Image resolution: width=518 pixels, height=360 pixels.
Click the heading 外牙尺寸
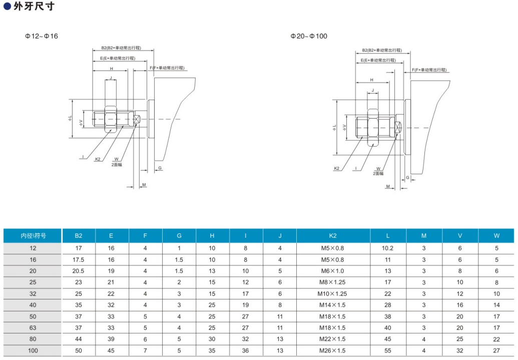[34, 6]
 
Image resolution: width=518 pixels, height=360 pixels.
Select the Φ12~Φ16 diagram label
[42, 36]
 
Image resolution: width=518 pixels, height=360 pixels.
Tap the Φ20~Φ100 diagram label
[309, 36]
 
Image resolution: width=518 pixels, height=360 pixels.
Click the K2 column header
[333, 236]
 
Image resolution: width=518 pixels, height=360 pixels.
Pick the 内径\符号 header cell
[33, 236]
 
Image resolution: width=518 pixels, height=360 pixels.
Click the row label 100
[33, 350]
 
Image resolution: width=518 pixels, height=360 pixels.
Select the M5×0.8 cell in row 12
[332, 248]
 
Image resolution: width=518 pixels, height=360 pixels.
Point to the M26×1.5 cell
[332, 350]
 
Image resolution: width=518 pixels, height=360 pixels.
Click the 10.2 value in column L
[387, 248]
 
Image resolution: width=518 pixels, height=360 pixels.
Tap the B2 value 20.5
[78, 271]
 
